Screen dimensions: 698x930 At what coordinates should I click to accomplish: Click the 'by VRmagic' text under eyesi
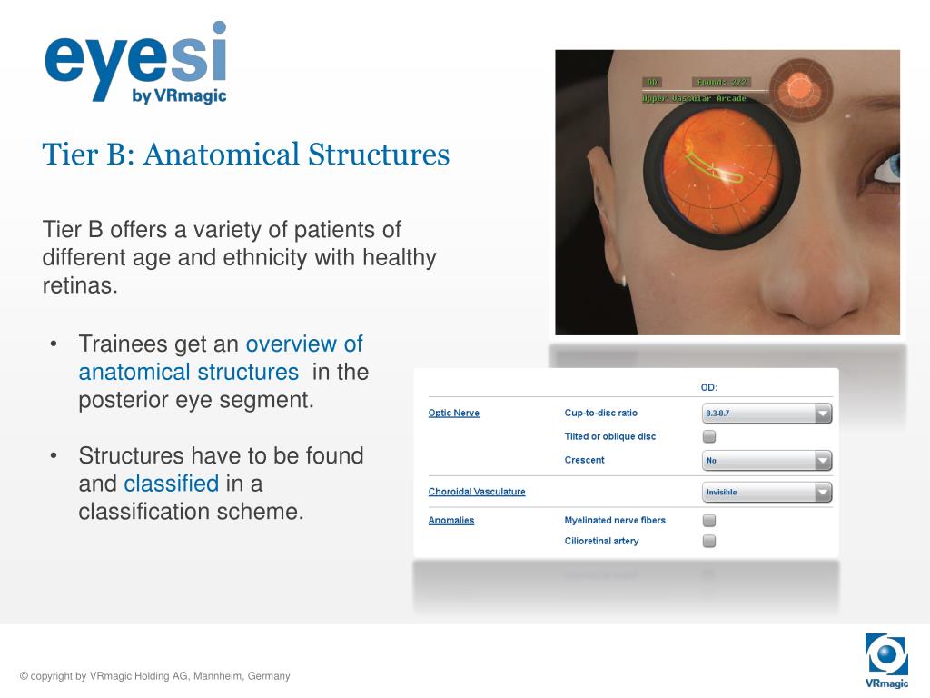tap(179, 96)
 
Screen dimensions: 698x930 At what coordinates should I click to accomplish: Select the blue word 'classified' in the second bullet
tap(172, 484)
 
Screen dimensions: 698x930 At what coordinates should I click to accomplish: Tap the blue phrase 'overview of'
tap(304, 344)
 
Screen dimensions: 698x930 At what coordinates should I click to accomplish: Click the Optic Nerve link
tap(453, 414)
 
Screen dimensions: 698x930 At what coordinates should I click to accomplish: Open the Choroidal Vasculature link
tap(477, 492)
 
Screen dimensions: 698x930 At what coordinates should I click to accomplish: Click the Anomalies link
tap(451, 521)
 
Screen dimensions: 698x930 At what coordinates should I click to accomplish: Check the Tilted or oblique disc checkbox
tap(709, 437)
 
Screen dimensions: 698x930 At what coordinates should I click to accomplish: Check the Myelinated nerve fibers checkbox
tap(709, 521)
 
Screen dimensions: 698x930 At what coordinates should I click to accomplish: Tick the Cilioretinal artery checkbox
tap(709, 542)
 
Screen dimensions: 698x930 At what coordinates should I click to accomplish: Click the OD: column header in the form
tap(709, 388)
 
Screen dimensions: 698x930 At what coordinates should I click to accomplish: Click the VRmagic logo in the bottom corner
tap(886, 660)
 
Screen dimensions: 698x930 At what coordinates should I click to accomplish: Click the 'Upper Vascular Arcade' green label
tap(694, 98)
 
